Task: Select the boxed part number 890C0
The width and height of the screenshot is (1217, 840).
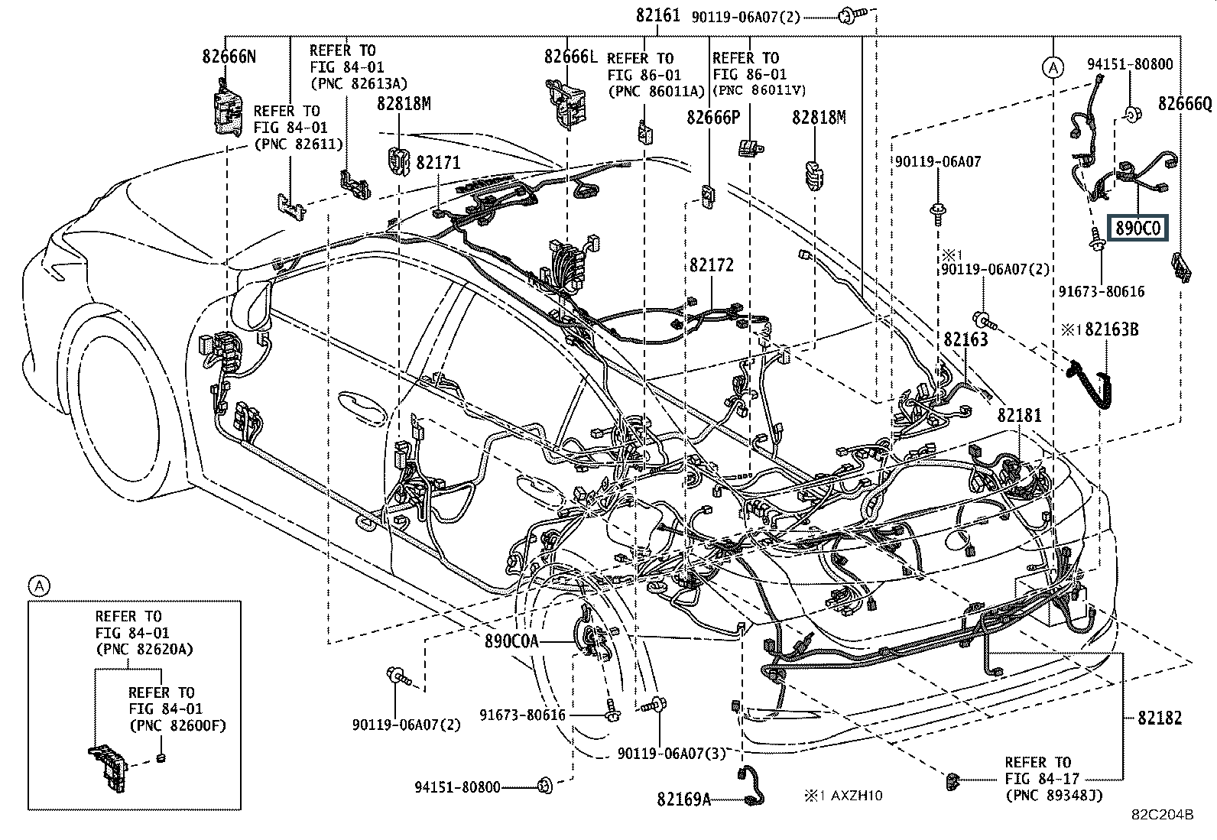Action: [x=1139, y=228]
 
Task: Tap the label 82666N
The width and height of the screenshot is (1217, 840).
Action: [x=229, y=56]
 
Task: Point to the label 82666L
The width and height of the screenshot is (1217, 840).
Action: [x=570, y=56]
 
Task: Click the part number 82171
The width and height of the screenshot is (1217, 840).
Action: [x=438, y=162]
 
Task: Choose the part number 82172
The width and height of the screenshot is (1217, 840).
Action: [x=711, y=264]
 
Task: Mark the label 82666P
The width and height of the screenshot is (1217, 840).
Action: [x=713, y=117]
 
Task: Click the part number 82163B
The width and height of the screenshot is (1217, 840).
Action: [x=1112, y=329]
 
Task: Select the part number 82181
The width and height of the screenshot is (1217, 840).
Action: [x=1019, y=416]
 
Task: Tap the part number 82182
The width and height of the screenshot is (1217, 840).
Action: [x=1159, y=718]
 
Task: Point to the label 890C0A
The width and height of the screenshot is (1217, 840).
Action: [x=511, y=641]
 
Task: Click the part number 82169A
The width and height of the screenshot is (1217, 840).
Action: [x=683, y=799]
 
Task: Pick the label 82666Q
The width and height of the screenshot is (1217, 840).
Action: [x=1185, y=103]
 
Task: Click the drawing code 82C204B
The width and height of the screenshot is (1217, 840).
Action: [x=1163, y=815]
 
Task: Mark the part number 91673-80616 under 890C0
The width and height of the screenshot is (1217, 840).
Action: [x=1102, y=291]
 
